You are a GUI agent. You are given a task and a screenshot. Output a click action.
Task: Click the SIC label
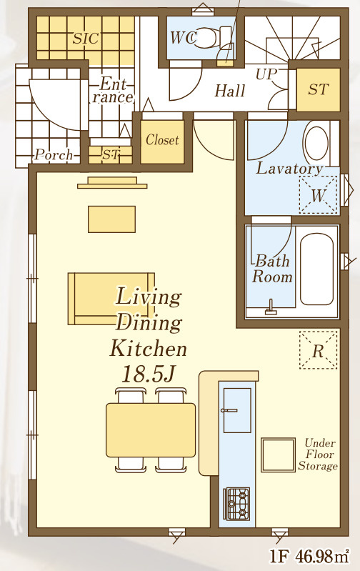[86, 38]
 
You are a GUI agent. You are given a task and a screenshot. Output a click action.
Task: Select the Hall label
[230, 91]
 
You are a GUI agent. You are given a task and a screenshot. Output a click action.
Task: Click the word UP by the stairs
[266, 74]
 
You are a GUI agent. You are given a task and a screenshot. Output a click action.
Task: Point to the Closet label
[162, 139]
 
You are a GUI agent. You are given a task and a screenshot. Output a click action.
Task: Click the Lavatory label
[290, 168]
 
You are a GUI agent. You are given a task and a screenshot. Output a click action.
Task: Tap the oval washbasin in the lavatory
[316, 144]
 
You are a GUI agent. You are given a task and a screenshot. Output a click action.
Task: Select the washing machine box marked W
[318, 195]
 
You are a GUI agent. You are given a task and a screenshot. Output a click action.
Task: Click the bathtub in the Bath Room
[316, 269]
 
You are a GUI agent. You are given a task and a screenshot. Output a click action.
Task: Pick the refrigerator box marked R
[318, 350]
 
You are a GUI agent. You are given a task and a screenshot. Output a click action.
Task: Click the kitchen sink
[237, 410]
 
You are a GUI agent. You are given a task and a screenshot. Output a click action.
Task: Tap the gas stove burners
[236, 504]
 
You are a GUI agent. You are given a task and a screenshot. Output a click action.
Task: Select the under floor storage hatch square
[278, 455]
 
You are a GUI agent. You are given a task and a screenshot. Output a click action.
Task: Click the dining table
[151, 430]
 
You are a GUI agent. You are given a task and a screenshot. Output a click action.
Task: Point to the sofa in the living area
[111, 299]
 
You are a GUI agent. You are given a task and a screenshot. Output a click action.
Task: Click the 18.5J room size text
[149, 374]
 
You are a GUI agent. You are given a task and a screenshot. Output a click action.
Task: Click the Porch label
[54, 155]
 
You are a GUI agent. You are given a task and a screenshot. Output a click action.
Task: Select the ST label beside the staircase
[319, 89]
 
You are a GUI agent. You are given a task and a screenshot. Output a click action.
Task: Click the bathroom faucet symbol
[271, 307]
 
